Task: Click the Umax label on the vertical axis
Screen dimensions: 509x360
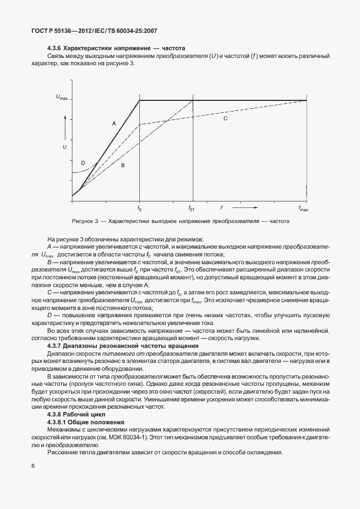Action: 62,98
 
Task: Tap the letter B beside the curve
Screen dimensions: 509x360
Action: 122,166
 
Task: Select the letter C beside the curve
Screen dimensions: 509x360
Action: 226,119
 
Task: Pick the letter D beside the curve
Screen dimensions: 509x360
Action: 82,163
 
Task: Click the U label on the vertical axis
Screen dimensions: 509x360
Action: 65,147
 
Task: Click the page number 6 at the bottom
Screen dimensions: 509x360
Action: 33,466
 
